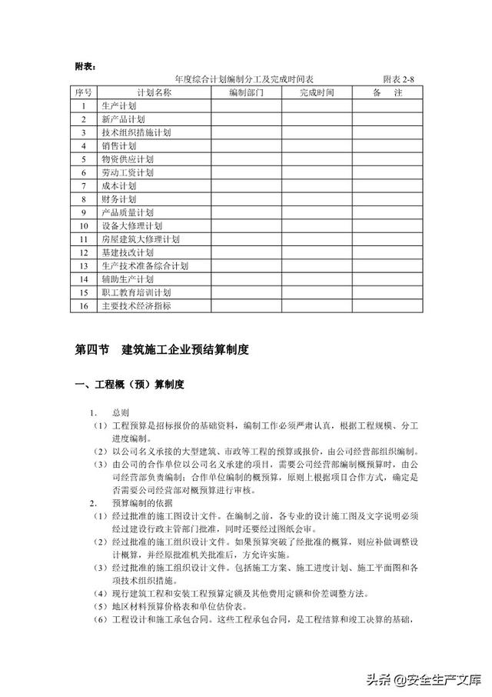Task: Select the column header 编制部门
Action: pyautogui.click(x=246, y=92)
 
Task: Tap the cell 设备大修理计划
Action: pyautogui.click(x=131, y=225)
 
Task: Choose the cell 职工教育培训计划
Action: pyautogui.click(x=135, y=292)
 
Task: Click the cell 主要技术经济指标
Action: pyautogui.click(x=135, y=305)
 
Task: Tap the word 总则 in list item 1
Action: pyautogui.click(x=121, y=412)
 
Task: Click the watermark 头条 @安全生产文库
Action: pyautogui.click(x=423, y=679)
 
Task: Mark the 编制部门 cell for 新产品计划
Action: pyautogui.click(x=246, y=119)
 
